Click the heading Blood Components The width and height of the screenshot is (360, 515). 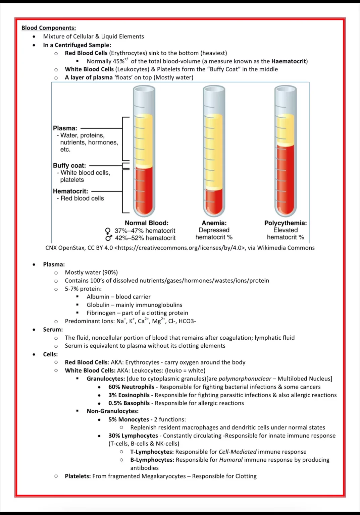(x=49, y=28)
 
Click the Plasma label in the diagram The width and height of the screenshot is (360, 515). (x=65, y=128)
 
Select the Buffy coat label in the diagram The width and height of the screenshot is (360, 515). (x=69, y=165)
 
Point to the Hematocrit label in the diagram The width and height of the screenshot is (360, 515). (x=70, y=191)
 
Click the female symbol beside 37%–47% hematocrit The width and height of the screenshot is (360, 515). (x=108, y=231)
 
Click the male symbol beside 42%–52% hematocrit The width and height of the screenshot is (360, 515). (x=108, y=238)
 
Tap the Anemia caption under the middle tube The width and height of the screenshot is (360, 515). (x=214, y=223)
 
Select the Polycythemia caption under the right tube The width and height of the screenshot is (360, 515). (x=285, y=223)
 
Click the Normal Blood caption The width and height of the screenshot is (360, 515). (x=147, y=223)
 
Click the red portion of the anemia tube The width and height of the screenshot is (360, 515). (x=214, y=201)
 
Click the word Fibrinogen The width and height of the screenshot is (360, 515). (x=101, y=313)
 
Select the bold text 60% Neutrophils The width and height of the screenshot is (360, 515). (x=131, y=387)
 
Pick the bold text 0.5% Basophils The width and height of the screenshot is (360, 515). (x=129, y=403)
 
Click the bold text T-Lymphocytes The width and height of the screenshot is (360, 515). (x=152, y=452)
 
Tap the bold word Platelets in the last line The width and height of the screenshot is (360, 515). (x=78, y=476)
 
